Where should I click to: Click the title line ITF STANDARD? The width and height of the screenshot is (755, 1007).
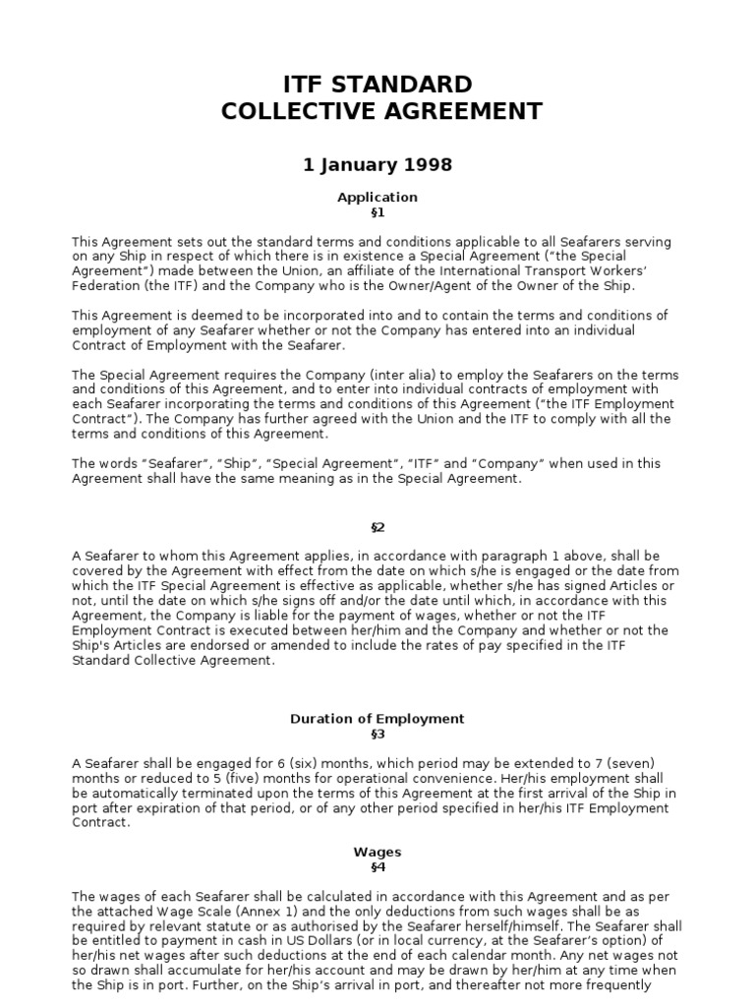coord(377,84)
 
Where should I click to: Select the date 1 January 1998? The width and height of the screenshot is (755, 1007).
coord(377,164)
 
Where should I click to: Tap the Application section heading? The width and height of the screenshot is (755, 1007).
coord(377,197)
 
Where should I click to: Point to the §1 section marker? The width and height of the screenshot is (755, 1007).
coord(377,211)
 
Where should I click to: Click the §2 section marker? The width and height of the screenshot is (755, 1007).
coord(377,527)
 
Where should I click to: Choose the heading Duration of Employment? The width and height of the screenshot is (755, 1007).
coord(377,719)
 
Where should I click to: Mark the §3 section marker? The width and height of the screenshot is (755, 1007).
coord(377,734)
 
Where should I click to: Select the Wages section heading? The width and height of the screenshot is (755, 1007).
coord(377,852)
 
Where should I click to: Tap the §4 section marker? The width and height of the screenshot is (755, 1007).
coord(377,867)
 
